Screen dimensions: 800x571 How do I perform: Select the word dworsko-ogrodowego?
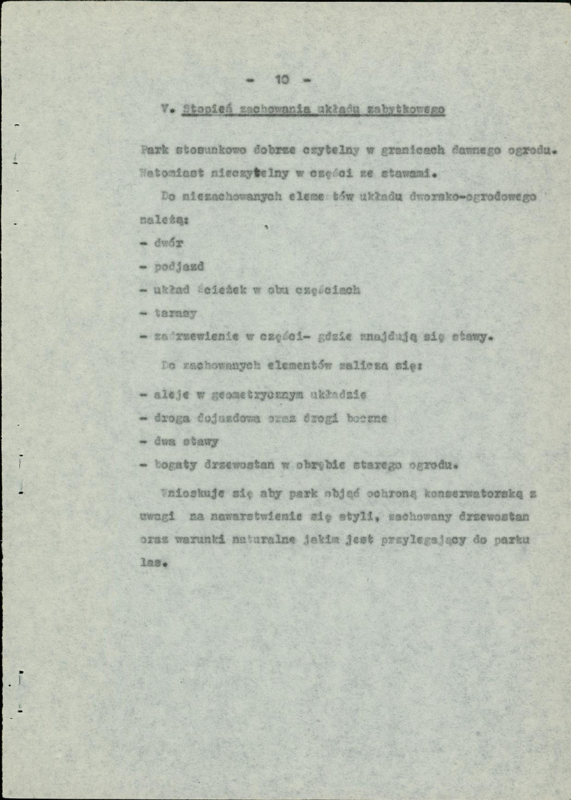[474, 197]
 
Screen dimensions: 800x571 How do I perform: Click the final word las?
[151, 562]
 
